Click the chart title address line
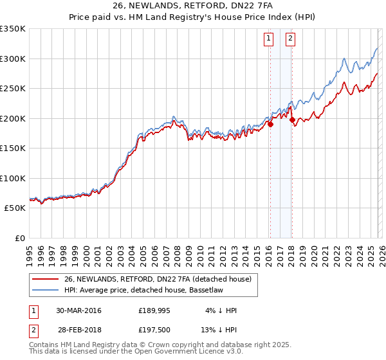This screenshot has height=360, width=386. (x=193, y=6)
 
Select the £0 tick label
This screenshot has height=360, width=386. (x=19, y=238)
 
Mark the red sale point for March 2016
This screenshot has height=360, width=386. (x=271, y=125)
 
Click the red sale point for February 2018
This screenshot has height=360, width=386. (x=292, y=120)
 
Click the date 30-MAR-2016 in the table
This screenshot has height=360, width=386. (x=78, y=310)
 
